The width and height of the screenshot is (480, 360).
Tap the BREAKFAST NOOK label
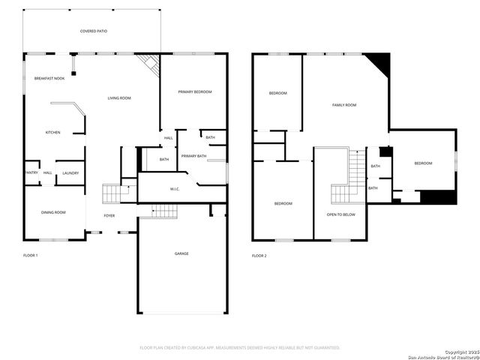(49, 78)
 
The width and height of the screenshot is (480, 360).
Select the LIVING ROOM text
(119, 98)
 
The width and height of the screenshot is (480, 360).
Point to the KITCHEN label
(52, 133)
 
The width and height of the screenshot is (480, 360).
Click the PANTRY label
(31, 172)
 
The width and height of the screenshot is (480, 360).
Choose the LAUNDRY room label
(70, 172)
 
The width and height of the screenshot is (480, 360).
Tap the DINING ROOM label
(53, 212)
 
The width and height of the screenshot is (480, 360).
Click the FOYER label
(109, 215)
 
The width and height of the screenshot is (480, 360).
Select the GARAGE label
(181, 253)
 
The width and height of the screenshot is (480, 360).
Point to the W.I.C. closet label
(174, 189)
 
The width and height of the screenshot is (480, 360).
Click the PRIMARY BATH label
(193, 155)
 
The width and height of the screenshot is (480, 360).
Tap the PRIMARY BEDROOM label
(195, 91)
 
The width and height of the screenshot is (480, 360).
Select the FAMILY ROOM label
(344, 105)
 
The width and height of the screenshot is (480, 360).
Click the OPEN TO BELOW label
(340, 214)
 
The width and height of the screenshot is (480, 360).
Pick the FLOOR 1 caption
(30, 256)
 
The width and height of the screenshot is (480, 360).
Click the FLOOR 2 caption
(259, 256)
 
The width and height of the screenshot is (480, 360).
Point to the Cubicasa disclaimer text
(240, 347)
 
